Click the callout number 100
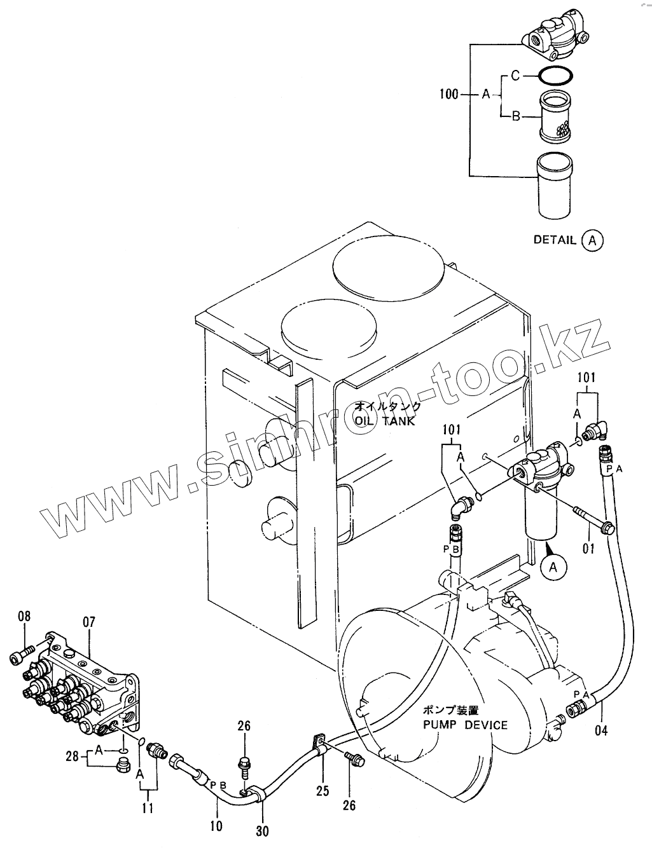click(x=449, y=94)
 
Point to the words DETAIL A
click(x=568, y=240)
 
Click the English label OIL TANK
click(x=385, y=421)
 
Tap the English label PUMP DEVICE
click(x=466, y=725)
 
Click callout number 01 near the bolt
click(x=588, y=549)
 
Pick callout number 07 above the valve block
click(x=89, y=622)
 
